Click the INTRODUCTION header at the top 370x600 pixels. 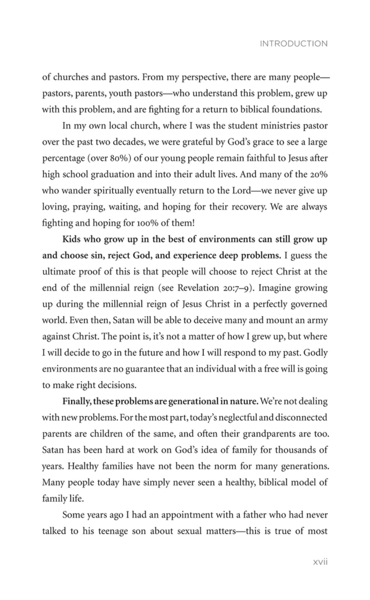293,44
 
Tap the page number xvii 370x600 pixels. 320,562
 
